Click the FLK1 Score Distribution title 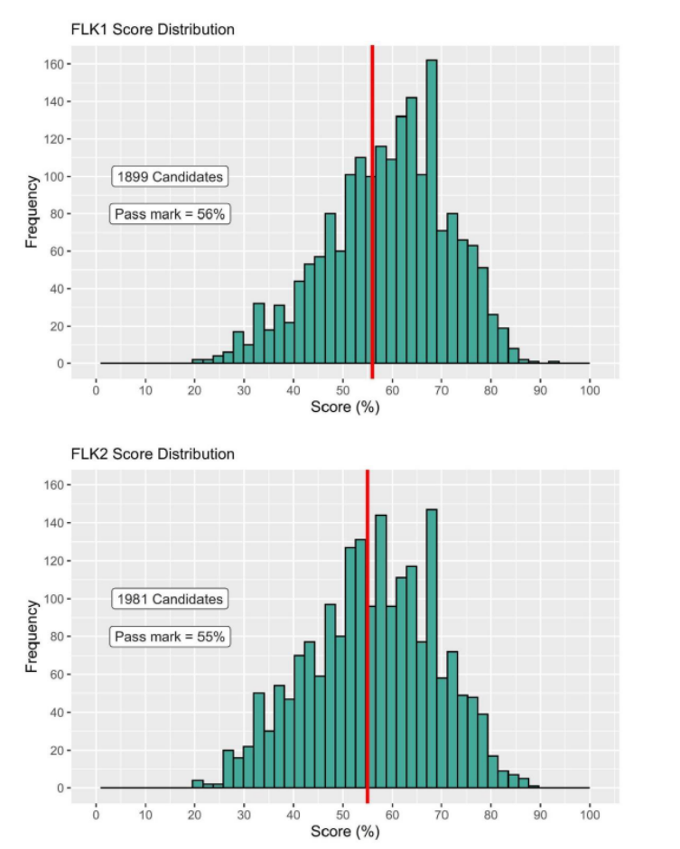click(153, 30)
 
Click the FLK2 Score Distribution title click(153, 453)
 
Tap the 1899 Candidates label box click(170, 177)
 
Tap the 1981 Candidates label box click(170, 599)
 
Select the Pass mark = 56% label click(170, 214)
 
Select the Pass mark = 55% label click(170, 637)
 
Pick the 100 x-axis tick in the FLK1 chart click(590, 389)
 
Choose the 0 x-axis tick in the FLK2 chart click(97, 813)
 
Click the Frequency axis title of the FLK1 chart click(32, 212)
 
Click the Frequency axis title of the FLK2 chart click(32, 636)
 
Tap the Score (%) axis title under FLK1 click(345, 407)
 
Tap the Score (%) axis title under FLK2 click(345, 831)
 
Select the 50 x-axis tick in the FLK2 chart click(343, 813)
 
